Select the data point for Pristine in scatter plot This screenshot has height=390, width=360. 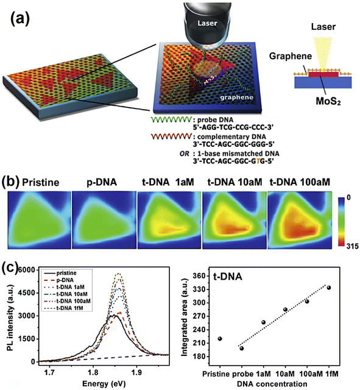click(x=219, y=338)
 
